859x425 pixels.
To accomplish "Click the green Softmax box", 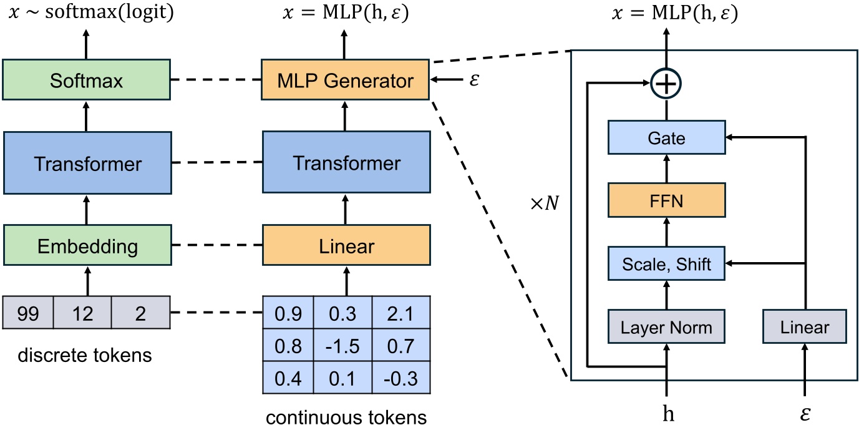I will pyautogui.click(x=86, y=81).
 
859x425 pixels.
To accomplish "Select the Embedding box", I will pyautogui.click(x=86, y=245).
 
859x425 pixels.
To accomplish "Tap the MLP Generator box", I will pyautogui.click(x=346, y=81).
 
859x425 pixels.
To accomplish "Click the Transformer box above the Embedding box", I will pyautogui.click(x=86, y=164).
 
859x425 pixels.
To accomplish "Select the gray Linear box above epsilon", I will pyautogui.click(x=805, y=326).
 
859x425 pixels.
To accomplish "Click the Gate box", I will pyautogui.click(x=666, y=138).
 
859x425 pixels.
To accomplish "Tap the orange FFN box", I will pyautogui.click(x=666, y=202).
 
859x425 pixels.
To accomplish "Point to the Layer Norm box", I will pyautogui.click(x=666, y=326).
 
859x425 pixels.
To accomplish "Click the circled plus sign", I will pyautogui.click(x=666, y=82).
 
